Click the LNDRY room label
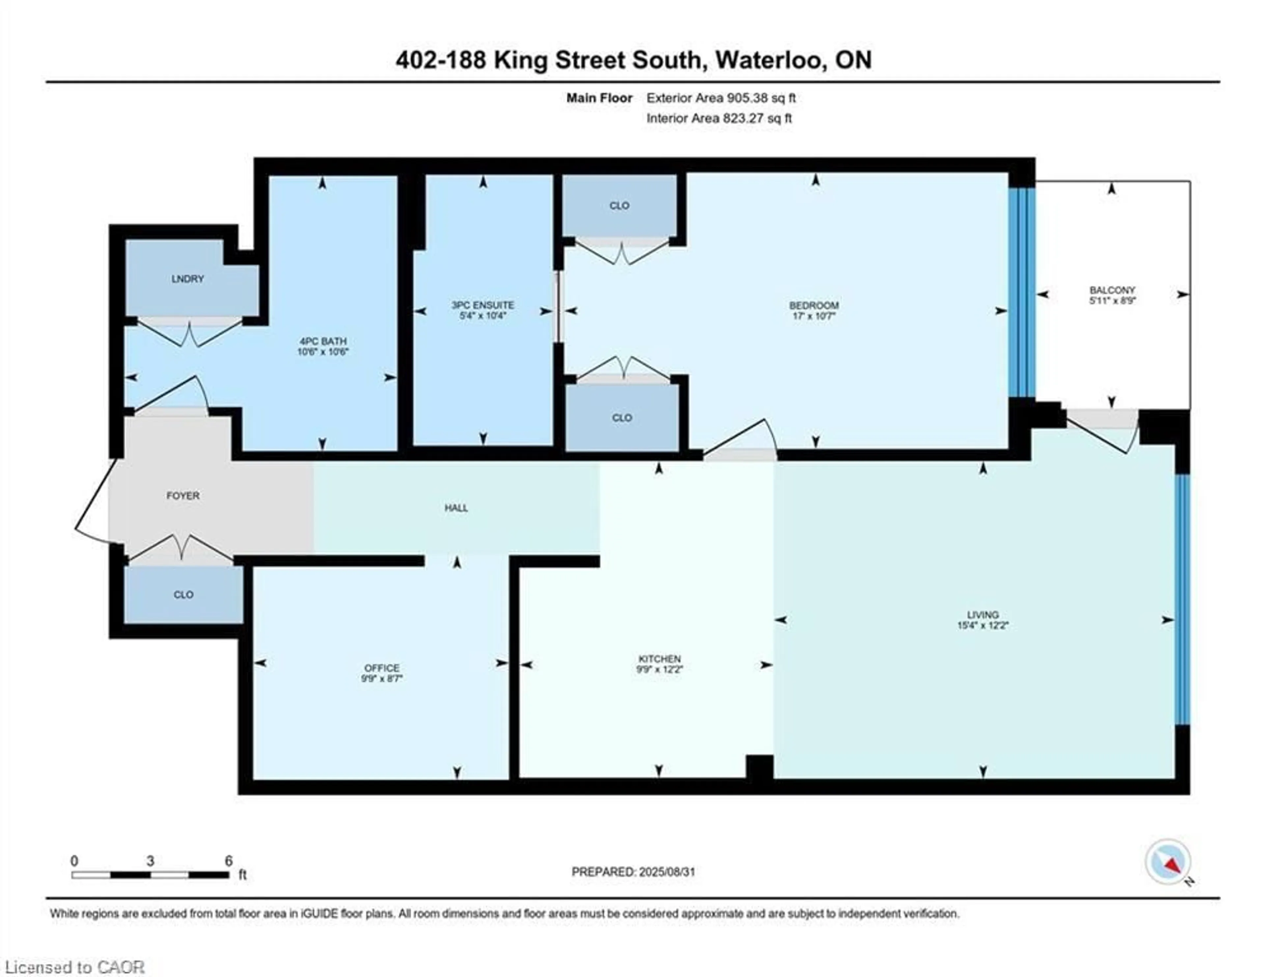188,279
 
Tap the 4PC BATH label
323,341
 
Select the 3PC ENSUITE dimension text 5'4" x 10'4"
483,316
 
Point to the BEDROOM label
813,305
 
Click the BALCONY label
1111,290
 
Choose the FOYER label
183,495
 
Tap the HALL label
456,508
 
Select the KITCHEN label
659,659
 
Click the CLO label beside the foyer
183,595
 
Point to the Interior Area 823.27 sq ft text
719,118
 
